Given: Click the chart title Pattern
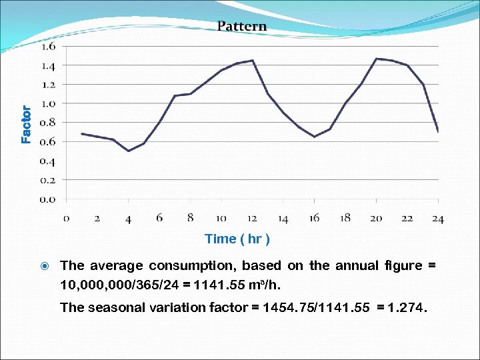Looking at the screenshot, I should [241, 27].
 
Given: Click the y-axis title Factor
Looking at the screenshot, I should [26, 125].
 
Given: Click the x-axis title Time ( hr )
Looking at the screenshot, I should [237, 239].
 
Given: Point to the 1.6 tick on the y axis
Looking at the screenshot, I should [49, 47].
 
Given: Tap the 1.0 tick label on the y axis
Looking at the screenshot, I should [49, 104].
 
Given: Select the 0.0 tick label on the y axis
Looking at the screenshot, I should [49, 199].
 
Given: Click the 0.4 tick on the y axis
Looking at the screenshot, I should [49, 161].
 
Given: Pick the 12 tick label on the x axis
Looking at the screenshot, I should [252, 218].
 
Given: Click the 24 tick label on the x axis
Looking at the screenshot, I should [437, 218].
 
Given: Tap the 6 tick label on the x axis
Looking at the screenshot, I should [159, 218].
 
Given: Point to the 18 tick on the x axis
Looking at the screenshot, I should [345, 218].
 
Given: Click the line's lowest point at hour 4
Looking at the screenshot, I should [128, 151].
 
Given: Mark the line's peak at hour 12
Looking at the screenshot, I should [252, 61].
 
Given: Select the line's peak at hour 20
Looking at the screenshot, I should [376, 59].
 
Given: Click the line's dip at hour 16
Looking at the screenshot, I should [314, 137].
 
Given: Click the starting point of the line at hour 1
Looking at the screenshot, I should [82, 133].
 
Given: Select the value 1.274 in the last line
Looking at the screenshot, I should [411, 307].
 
